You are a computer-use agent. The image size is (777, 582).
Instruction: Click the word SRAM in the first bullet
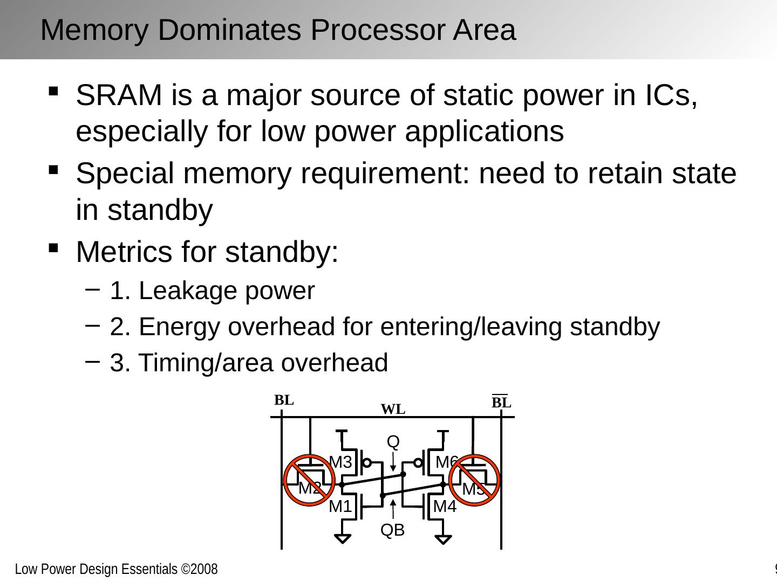tap(119, 95)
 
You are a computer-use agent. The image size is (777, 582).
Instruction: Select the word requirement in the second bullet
tap(385, 174)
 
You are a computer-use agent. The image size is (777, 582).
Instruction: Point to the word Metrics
tap(124, 252)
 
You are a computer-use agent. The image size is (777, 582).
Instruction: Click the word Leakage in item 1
tap(188, 292)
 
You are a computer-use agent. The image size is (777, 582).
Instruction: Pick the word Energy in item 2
tap(180, 328)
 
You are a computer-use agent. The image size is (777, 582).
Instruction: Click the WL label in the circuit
tap(393, 409)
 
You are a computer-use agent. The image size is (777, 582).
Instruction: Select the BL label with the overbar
tap(501, 402)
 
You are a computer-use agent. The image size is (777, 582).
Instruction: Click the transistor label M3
tap(340, 462)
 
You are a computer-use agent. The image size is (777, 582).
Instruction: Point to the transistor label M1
tap(340, 507)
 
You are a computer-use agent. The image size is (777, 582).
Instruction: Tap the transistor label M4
tap(445, 507)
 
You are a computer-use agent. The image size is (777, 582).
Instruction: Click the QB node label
tap(393, 530)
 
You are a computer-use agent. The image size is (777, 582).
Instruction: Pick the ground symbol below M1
tap(342, 538)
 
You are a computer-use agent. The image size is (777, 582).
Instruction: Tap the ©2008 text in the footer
tap(199, 569)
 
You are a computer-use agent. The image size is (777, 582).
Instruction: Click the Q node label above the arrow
tap(393, 442)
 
